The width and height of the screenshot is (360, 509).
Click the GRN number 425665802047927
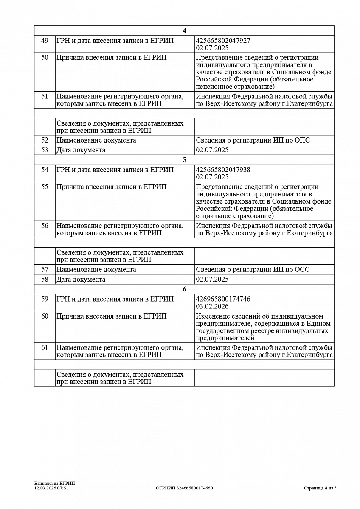[223, 40]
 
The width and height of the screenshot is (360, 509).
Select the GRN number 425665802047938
[223, 170]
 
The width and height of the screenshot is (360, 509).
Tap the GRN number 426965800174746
[223, 299]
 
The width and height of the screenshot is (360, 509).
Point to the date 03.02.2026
[212, 306]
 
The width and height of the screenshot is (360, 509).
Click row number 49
[45, 40]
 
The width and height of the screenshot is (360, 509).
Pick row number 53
[45, 150]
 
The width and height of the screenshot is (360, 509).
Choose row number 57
[45, 269]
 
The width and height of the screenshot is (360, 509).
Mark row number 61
[45, 347]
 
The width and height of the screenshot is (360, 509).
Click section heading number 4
[184, 31]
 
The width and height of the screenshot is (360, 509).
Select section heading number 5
[184, 160]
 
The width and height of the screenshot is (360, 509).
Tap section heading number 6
[184, 289]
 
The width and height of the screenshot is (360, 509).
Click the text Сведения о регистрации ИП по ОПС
[253, 140]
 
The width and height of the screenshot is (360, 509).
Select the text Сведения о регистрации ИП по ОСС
[253, 269]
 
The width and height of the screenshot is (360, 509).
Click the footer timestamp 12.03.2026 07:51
[51, 488]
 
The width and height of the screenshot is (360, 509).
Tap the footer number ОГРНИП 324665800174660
[184, 488]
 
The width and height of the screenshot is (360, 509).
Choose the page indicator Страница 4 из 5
[320, 488]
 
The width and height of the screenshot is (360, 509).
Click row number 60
[45, 316]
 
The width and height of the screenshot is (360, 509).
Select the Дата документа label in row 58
[81, 280]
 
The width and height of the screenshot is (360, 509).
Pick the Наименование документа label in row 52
[96, 140]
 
